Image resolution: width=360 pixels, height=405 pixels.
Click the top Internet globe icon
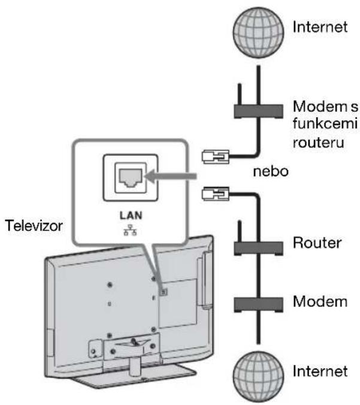pyautogui.click(x=258, y=32)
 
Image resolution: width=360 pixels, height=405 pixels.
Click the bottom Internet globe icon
pyautogui.click(x=258, y=377)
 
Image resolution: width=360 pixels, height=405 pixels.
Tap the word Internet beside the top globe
pyautogui.click(x=320, y=27)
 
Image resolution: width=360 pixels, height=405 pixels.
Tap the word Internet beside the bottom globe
pyautogui.click(x=320, y=371)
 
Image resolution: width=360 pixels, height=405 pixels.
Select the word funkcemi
pyautogui.click(x=325, y=123)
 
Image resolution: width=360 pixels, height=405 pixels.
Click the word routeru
pyautogui.click(x=319, y=143)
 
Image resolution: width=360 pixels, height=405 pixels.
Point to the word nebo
pyautogui.click(x=271, y=171)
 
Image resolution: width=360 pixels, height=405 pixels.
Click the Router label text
pyautogui.click(x=317, y=243)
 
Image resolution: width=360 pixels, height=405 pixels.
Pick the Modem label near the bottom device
pyautogui.click(x=320, y=301)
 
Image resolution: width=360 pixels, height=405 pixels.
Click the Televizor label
pyautogui.click(x=34, y=225)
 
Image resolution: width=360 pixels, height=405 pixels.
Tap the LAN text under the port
pyautogui.click(x=131, y=216)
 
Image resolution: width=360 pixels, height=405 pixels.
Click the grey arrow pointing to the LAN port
pyautogui.click(x=171, y=176)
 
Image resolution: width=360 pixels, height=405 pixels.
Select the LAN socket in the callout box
pyautogui.click(x=131, y=178)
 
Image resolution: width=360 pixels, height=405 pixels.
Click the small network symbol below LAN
pyautogui.click(x=131, y=230)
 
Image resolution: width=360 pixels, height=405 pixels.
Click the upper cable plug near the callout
pyautogui.click(x=216, y=157)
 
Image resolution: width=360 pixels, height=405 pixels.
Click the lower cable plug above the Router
pyautogui.click(x=216, y=194)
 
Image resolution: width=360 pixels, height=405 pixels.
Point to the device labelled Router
pyautogui.click(x=258, y=248)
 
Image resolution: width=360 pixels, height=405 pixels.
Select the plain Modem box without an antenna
pyautogui.click(x=258, y=305)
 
